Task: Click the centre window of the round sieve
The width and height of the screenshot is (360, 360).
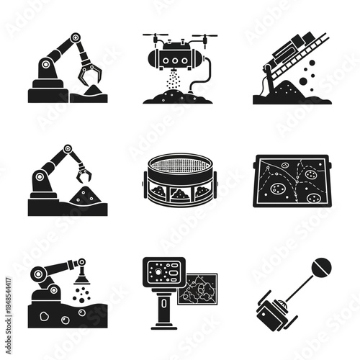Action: click(180, 194)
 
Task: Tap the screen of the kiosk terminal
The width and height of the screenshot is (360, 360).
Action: click(159, 272)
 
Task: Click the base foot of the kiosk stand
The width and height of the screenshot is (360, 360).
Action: click(159, 328)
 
